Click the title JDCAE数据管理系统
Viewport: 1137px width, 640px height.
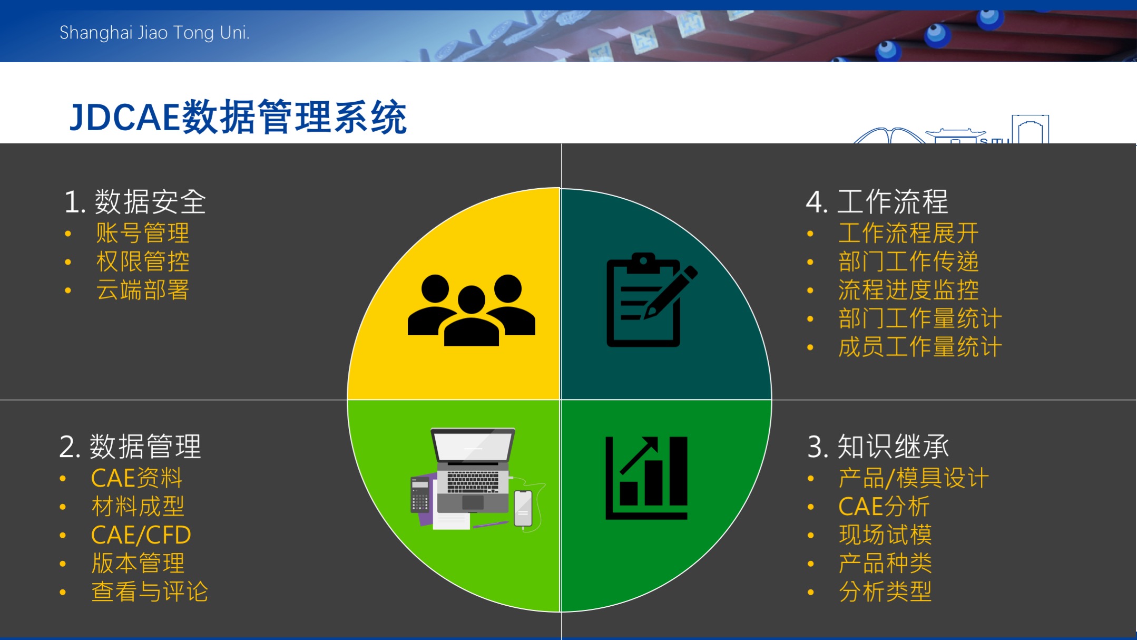pyautogui.click(x=238, y=117)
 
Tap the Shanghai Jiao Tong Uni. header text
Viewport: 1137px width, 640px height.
pyautogui.click(x=154, y=33)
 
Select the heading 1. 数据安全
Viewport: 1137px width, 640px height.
pyautogui.click(x=135, y=202)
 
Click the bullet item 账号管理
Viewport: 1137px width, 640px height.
pyautogui.click(x=142, y=233)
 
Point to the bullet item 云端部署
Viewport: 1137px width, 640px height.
pyautogui.click(x=142, y=290)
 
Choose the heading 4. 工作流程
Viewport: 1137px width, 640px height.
pyautogui.click(x=877, y=202)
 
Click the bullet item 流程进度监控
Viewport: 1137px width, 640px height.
pyautogui.click(x=909, y=290)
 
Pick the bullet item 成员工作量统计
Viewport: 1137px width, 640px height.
pyautogui.click(x=920, y=347)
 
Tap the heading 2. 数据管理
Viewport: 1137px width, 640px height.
pyautogui.click(x=130, y=447)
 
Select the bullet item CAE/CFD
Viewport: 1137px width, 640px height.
pyautogui.click(x=141, y=535)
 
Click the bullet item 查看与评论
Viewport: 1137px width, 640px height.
pyautogui.click(x=150, y=591)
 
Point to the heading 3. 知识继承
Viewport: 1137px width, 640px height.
pyautogui.click(x=878, y=447)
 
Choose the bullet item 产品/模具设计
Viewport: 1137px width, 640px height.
pyautogui.click(x=914, y=478)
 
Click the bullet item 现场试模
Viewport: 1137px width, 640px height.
pyautogui.click(x=885, y=535)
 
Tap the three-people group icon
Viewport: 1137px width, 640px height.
pyautogui.click(x=472, y=310)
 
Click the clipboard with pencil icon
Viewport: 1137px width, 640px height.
pyautogui.click(x=652, y=299)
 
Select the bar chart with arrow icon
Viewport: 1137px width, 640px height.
pyautogui.click(x=646, y=478)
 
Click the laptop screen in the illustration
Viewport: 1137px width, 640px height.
pyautogui.click(x=473, y=446)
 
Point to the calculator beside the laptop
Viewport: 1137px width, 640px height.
pyautogui.click(x=420, y=494)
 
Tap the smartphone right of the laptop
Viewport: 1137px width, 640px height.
pyautogui.click(x=523, y=508)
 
